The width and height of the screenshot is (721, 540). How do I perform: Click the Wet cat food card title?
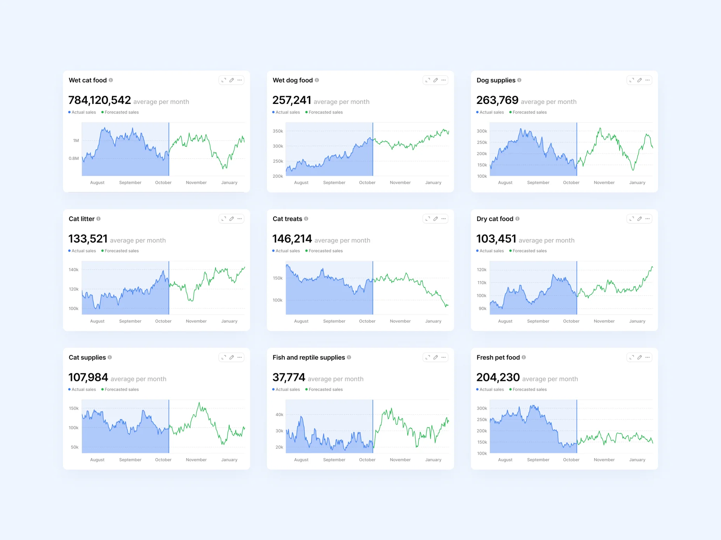coord(87,80)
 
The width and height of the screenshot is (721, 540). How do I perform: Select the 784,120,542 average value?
coord(99,100)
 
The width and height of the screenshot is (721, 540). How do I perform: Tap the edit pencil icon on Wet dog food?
coord(435,80)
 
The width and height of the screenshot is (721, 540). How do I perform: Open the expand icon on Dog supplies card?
coord(632,80)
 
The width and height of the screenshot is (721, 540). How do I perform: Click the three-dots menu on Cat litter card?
coord(240,219)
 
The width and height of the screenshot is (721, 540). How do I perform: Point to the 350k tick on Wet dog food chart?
coord(278,131)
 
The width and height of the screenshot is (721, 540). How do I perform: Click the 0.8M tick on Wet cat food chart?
coord(74,158)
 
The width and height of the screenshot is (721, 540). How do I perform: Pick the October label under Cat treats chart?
coord(367,321)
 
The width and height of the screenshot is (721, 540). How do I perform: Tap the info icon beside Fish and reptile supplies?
coord(349,357)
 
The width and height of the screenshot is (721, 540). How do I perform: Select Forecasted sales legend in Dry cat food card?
coord(529,251)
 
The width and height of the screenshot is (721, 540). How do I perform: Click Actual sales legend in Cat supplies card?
coord(83,389)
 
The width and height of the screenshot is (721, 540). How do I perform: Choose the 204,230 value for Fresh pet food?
coord(498,377)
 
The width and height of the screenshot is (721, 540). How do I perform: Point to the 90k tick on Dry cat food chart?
coord(482,308)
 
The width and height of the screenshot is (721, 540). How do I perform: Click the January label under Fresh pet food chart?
coord(637,460)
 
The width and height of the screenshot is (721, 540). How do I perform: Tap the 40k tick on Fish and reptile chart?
coord(279,415)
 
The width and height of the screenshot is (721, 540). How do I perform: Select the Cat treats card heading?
coord(287,219)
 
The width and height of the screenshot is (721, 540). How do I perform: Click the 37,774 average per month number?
coord(289,377)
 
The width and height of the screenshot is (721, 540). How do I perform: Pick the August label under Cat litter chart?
coord(97,321)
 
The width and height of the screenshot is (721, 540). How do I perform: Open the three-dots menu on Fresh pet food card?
coord(648,357)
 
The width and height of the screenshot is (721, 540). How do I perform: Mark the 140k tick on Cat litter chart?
coord(73,270)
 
